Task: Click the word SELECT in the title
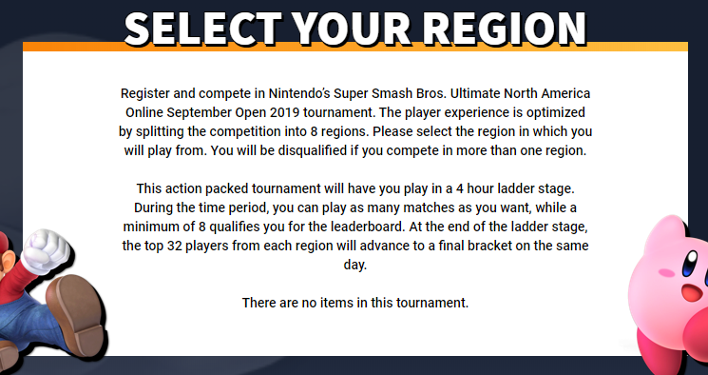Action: coord(202,28)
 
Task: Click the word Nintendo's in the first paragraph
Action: coord(299,93)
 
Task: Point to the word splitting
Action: coord(171,131)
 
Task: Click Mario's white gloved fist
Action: coord(47,251)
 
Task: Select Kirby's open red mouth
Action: coord(693,292)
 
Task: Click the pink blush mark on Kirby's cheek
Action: coord(666,273)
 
